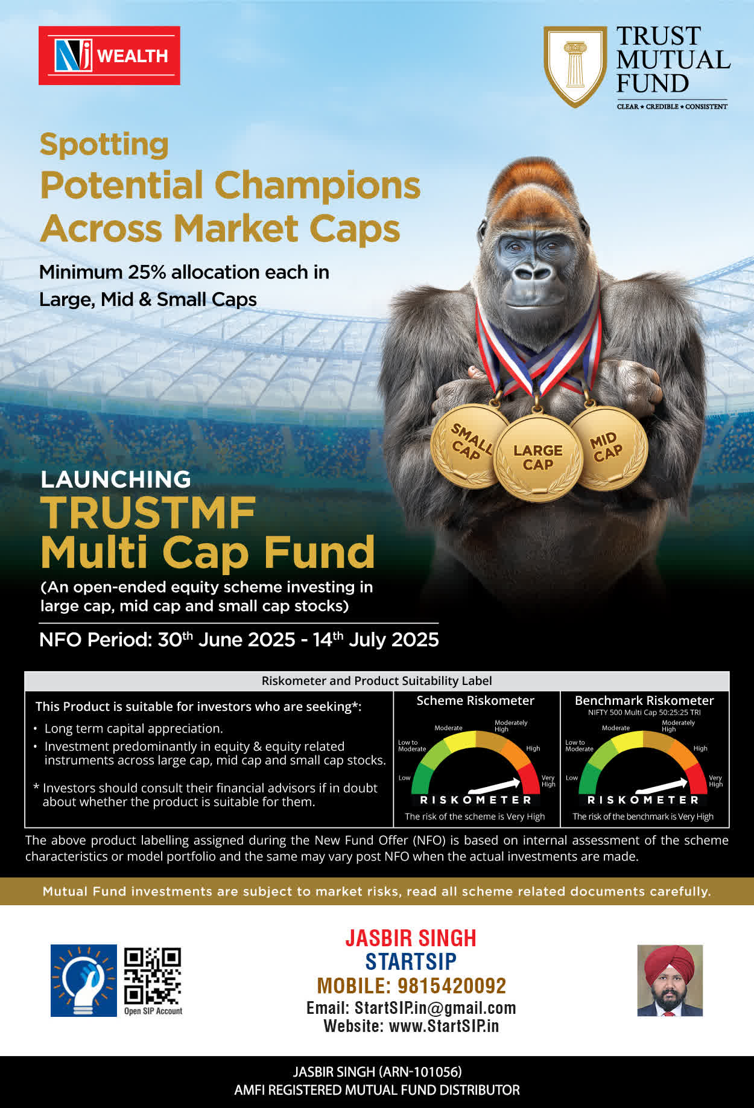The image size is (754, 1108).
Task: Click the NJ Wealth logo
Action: point(109,56)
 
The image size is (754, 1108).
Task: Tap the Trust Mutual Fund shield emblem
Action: point(575,66)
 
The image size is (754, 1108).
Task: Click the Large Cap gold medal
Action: point(537,458)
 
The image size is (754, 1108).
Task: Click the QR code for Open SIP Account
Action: point(153,976)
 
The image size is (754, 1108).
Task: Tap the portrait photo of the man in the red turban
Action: point(670,980)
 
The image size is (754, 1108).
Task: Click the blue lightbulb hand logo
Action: point(84,980)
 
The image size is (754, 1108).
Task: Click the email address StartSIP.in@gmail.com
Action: point(435,1008)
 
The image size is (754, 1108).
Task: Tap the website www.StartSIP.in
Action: point(444,1026)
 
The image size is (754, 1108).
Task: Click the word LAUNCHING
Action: point(116,479)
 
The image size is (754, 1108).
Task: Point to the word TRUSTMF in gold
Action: point(148,513)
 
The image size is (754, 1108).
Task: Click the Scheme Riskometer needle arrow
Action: point(494,786)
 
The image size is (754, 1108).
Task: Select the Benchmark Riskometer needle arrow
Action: point(662,786)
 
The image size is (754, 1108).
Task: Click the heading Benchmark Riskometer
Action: point(644,701)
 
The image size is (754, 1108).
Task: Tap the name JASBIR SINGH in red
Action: point(411,938)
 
